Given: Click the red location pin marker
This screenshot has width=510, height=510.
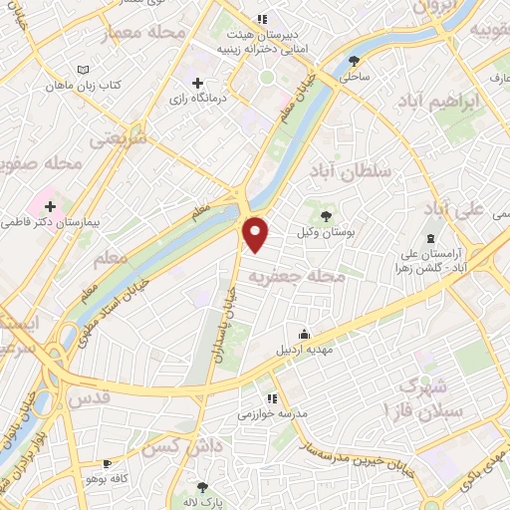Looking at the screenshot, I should click(x=257, y=233).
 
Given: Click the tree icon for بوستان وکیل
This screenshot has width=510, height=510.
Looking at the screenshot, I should click(x=324, y=214).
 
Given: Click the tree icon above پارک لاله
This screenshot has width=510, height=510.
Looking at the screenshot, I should click(x=204, y=487).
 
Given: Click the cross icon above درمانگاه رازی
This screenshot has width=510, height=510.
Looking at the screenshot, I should click(x=197, y=84).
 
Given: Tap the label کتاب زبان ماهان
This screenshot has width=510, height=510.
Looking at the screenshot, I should click(x=85, y=86).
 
